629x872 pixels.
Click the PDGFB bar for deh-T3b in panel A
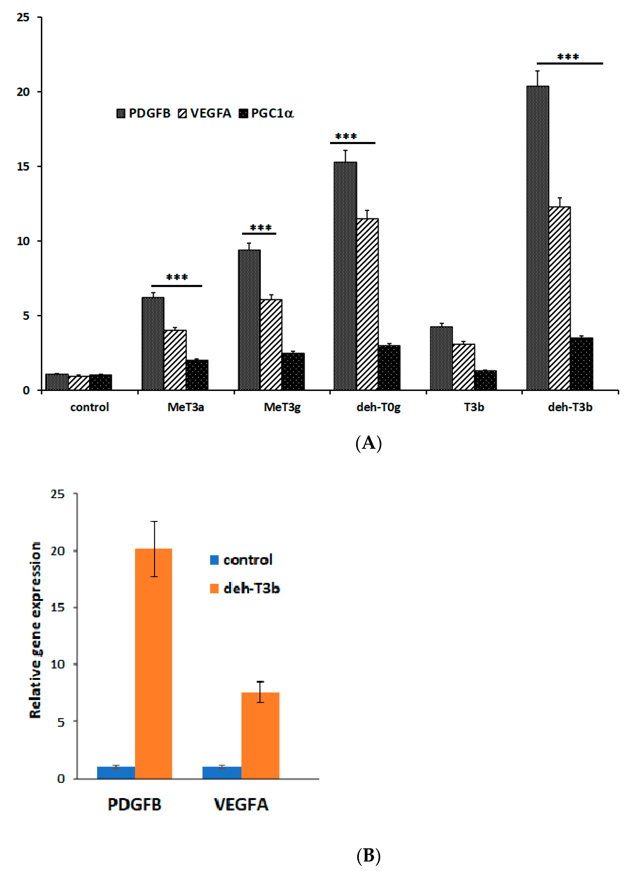click(x=537, y=238)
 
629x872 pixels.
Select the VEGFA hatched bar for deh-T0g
click(x=367, y=304)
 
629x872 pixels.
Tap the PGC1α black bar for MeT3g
click(x=293, y=371)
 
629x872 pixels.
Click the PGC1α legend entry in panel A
click(x=266, y=113)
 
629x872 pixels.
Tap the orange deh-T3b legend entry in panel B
click(x=245, y=589)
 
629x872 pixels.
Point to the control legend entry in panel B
click(x=241, y=560)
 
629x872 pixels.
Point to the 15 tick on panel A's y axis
click(x=23, y=166)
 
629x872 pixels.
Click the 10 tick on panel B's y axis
click(x=58, y=664)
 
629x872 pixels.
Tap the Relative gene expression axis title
click(x=35, y=630)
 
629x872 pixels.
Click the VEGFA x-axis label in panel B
click(x=241, y=804)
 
